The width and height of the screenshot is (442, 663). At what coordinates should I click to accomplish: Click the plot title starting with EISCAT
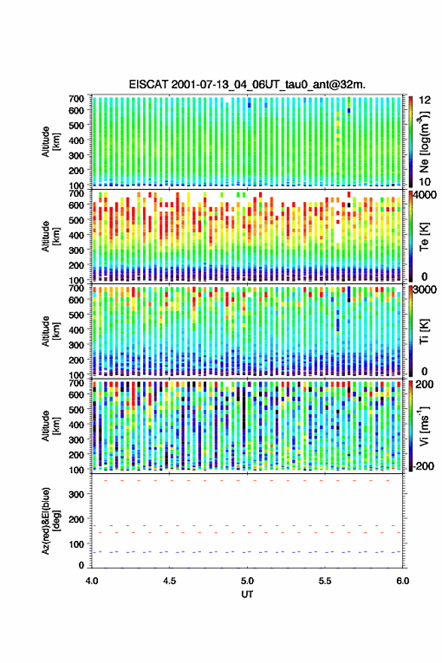tap(247, 84)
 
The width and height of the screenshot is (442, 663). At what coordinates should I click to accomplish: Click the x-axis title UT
tap(247, 594)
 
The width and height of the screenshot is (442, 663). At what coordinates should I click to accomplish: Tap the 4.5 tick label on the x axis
tap(169, 581)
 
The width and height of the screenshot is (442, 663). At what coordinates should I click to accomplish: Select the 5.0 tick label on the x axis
tap(247, 581)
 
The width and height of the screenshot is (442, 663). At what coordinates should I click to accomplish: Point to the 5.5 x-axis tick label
tap(325, 581)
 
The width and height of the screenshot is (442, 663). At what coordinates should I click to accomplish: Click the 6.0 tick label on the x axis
tap(403, 581)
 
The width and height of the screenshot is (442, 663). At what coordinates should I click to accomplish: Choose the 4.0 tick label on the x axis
tap(92, 581)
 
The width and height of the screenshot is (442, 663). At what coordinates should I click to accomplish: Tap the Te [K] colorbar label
tap(424, 237)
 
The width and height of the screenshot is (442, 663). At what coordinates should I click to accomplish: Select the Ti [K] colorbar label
tap(424, 331)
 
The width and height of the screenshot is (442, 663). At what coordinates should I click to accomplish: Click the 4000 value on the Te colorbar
tap(425, 195)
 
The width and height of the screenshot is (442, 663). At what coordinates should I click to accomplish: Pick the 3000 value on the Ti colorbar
tap(425, 290)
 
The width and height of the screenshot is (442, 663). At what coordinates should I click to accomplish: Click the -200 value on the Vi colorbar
tap(424, 466)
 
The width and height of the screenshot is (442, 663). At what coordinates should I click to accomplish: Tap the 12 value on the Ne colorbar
tap(425, 100)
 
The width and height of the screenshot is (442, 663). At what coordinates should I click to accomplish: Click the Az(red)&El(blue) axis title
tap(50, 521)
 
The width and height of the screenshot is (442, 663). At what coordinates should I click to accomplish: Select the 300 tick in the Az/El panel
tap(76, 494)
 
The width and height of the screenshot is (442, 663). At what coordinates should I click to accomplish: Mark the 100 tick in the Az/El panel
tap(76, 544)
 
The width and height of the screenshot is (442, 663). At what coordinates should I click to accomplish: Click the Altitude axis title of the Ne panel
tap(50, 142)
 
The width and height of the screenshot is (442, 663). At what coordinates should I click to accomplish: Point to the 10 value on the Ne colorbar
tap(425, 182)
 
